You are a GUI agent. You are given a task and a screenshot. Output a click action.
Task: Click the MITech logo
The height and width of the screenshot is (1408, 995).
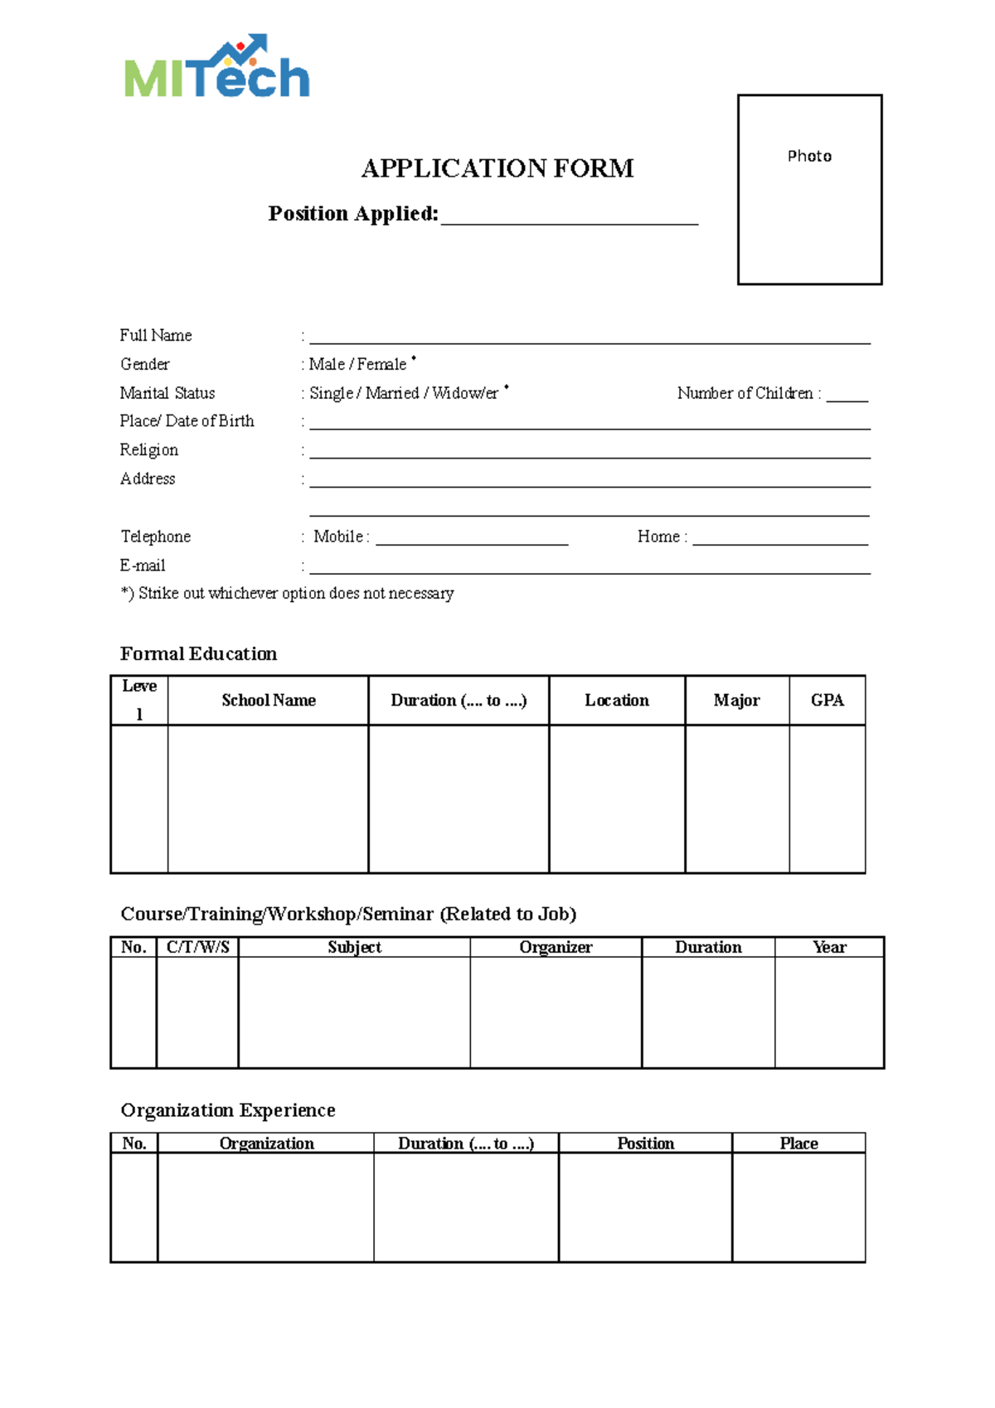pos(217,68)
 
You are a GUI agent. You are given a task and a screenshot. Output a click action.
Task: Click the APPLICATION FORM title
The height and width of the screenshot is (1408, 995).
pos(498,168)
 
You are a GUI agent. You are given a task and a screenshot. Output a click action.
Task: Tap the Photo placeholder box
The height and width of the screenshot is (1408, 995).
pos(809,190)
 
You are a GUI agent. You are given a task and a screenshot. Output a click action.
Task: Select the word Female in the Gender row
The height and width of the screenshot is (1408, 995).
pos(381,364)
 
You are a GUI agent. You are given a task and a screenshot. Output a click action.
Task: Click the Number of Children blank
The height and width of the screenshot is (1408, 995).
pos(847,395)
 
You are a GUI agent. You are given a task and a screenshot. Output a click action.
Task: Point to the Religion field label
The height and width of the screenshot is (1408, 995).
pos(149,449)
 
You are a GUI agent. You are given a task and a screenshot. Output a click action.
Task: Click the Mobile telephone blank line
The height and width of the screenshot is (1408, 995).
pos(472,538)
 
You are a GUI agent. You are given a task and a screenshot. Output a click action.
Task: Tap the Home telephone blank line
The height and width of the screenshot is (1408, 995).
pos(780,538)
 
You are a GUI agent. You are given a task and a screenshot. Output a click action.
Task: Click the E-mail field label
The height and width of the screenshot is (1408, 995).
pos(143,566)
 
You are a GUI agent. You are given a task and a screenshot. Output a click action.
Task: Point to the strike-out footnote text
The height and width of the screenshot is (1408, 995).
pos(288,594)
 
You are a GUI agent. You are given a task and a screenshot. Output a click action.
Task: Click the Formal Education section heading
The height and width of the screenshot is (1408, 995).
pos(199,653)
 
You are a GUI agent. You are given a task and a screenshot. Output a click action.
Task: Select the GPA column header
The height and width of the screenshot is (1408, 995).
pos(828,701)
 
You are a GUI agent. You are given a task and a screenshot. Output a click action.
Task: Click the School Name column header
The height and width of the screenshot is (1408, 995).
pos(269,701)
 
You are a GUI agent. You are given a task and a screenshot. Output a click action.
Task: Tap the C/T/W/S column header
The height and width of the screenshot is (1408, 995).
pos(198,947)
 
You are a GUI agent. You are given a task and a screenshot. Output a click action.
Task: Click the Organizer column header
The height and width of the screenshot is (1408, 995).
pos(556,947)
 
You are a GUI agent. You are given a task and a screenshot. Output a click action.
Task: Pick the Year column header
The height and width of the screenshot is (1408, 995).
pos(829,947)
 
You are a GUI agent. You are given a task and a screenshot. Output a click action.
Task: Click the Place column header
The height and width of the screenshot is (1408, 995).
pos(798,1143)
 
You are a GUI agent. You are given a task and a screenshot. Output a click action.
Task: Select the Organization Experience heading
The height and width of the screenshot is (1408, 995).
pos(228,1110)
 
